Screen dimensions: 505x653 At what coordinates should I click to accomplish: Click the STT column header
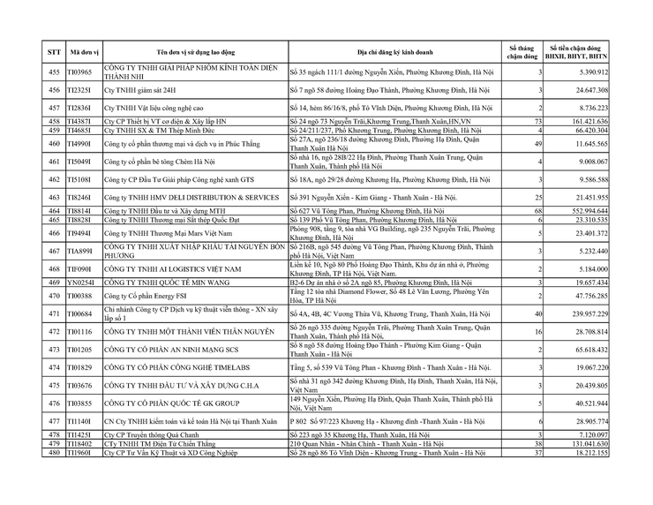(55, 52)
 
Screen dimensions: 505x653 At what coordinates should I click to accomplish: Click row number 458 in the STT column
(55, 121)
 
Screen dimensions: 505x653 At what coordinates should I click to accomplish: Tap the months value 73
(537, 121)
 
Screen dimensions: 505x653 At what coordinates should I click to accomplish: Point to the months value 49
(537, 143)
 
